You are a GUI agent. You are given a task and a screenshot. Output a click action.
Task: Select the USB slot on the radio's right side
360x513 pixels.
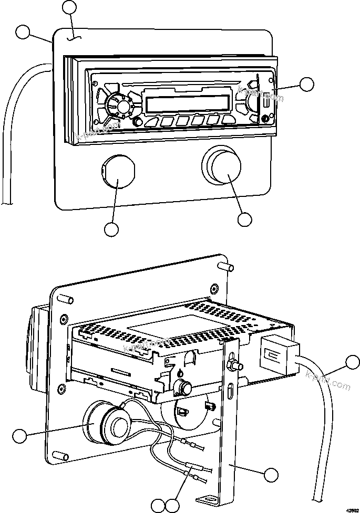tap(265, 102)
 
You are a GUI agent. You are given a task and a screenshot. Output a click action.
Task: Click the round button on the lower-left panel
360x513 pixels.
tap(118, 171)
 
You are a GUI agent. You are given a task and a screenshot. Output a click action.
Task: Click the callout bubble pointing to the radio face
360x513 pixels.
tap(306, 85)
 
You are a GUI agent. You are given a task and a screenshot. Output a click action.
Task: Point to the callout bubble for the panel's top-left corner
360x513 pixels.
tap(24, 32)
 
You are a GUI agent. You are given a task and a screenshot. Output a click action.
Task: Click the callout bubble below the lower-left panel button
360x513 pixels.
tap(111, 229)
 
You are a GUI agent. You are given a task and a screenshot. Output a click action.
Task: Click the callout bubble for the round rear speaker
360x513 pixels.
tap(19, 435)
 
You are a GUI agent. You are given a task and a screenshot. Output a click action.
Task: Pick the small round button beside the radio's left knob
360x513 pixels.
tap(138, 122)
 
